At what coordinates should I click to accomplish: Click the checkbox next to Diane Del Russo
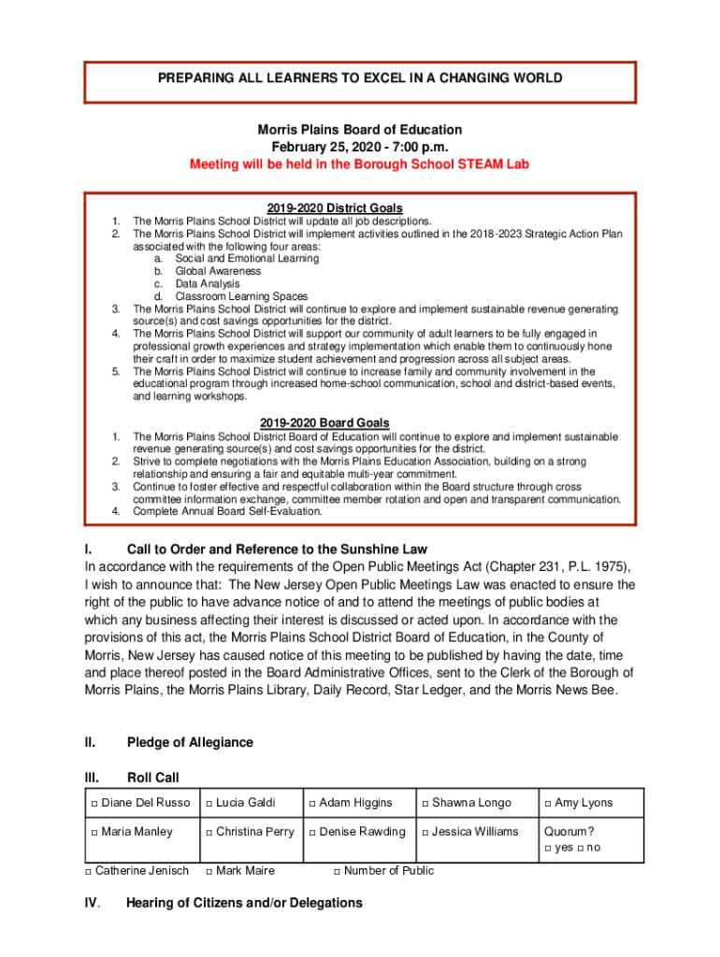[94, 804]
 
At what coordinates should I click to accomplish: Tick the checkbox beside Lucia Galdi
[209, 804]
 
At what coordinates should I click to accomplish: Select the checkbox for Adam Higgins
[312, 804]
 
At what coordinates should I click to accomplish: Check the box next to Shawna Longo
[425, 804]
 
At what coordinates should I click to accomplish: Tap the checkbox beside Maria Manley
[94, 833]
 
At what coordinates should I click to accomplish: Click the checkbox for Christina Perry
[209, 833]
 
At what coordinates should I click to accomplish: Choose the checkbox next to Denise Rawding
[312, 833]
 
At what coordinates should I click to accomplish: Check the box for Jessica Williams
[425, 833]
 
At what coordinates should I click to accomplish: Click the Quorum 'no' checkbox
[582, 849]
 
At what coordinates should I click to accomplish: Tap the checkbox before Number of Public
[338, 872]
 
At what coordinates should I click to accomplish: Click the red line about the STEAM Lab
[360, 164]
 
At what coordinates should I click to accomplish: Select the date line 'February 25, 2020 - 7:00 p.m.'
[360, 148]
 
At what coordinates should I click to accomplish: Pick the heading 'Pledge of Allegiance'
[190, 742]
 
